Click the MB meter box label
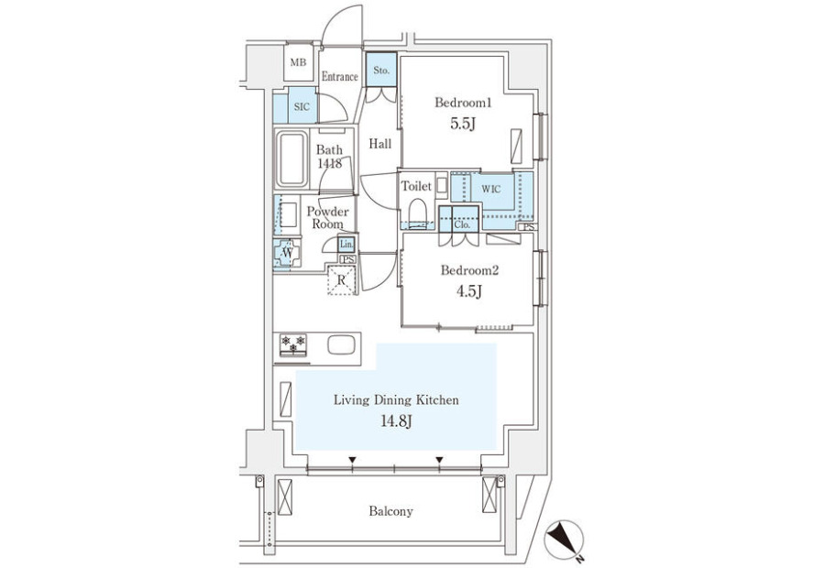pos(298,62)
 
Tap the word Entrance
pos(339,77)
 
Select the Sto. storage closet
pos(381,70)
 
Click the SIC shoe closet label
pos(302,107)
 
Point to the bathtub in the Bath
pos(291,158)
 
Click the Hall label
pos(379,144)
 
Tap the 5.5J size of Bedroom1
pos(463,124)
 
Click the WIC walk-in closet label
pos(490,190)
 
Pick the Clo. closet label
pos(462,224)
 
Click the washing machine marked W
pos(287,253)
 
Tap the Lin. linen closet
pos(346,244)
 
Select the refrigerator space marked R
pos(342,280)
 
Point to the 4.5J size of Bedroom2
pos(469,291)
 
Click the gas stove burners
pos(292,344)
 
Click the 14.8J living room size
pos(396,421)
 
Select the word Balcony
pos(390,511)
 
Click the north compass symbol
pos(564,540)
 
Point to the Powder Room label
pos(327,218)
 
